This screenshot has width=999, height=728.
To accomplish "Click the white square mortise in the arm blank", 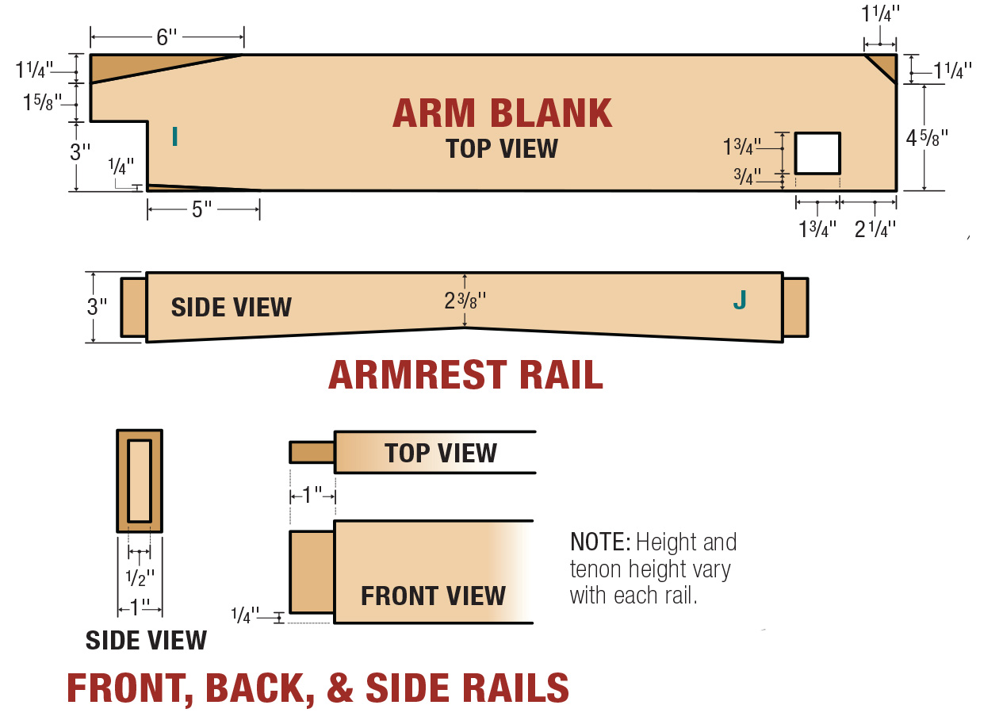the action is (x=818, y=153).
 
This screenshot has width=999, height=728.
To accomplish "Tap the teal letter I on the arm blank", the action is (x=174, y=136).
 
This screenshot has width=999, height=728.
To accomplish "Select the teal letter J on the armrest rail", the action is (x=740, y=300).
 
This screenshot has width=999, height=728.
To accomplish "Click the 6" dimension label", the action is (x=166, y=37).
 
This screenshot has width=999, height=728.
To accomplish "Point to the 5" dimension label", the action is (x=201, y=209).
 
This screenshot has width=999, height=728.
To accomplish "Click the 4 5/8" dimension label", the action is (x=927, y=138).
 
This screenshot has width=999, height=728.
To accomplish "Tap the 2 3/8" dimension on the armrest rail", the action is (x=465, y=301).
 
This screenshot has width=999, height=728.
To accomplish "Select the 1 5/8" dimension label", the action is (x=42, y=102).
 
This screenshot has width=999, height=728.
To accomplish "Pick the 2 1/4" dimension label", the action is (x=875, y=229).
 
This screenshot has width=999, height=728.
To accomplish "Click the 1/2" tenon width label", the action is (x=140, y=577).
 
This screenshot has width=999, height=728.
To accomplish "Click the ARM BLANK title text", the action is (x=502, y=113).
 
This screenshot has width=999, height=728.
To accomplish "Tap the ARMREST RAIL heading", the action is (x=465, y=374).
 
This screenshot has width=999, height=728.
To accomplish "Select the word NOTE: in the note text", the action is (x=600, y=542).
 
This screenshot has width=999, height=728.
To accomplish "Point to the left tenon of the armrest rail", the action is (x=133, y=308).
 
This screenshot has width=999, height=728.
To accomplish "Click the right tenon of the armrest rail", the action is (x=795, y=308).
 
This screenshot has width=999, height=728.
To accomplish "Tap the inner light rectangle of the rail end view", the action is (x=140, y=481).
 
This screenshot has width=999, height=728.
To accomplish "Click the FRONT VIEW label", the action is (x=433, y=596).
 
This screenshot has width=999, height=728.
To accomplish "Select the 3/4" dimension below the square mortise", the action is (x=747, y=176).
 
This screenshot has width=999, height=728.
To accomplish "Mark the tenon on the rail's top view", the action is (x=312, y=452).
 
